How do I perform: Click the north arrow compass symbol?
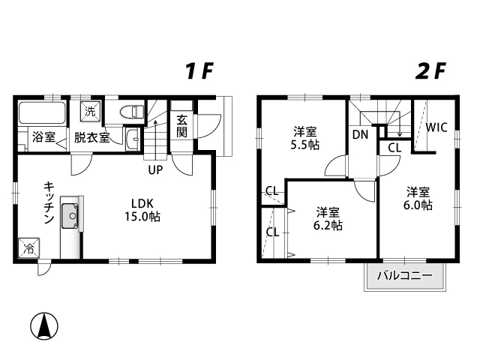pos(44,325)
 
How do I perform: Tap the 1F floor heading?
pos(199,71)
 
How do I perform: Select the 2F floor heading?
pos(430,71)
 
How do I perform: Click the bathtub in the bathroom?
pos(42,113)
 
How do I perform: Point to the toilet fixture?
pos(133,112)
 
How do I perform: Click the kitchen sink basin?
pos(70,216)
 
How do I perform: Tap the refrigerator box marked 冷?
pos(29,248)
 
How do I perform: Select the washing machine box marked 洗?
pos(90,112)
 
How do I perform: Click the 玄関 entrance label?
pos(181,126)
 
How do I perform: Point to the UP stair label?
pos(155,170)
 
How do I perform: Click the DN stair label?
pos(360,134)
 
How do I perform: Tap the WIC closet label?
pos(436,127)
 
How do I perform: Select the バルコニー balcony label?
pos(404,276)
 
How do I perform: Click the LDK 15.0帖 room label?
pos(142,210)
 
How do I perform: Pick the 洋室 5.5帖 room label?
pos(305,138)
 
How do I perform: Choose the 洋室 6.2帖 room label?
pos(328,219)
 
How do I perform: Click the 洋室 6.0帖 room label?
pos(418,199)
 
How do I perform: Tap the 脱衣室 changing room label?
pos(91,137)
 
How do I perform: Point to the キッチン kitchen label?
pos(49,202)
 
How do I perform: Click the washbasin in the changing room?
pos(133,140)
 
